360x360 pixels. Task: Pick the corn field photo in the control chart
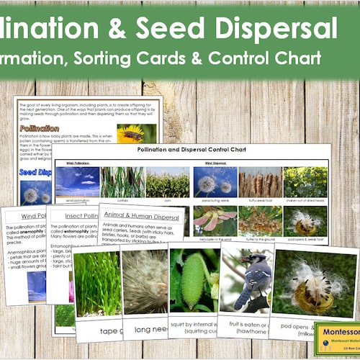tap(167, 182)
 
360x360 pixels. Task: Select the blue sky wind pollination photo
tap(78, 182)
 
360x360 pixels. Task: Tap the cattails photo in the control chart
tap(122, 182)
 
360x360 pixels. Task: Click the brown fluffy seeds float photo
tap(260, 182)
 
